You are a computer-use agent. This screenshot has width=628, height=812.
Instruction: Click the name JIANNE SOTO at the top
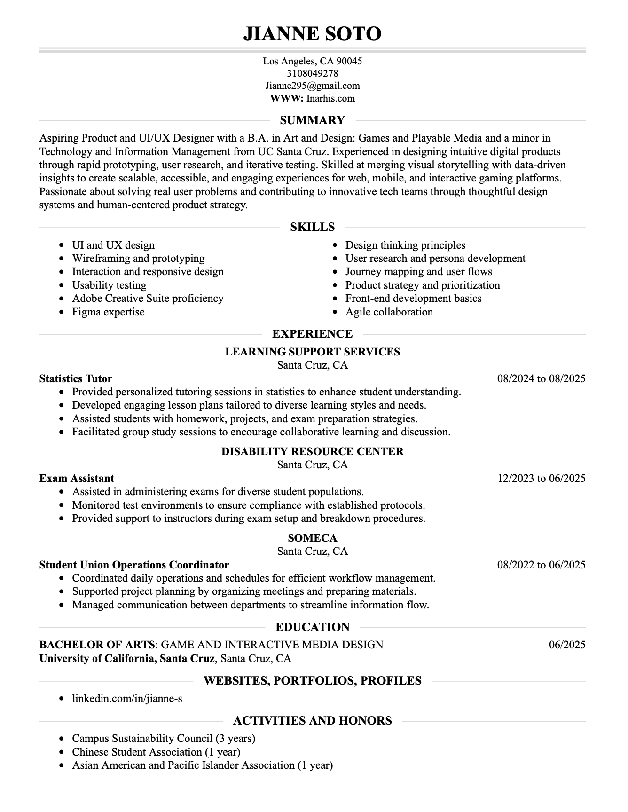313,34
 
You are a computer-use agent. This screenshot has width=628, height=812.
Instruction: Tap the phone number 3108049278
313,73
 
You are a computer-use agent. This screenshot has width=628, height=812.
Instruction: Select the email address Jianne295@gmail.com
313,86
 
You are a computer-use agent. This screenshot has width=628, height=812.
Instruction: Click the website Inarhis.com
330,98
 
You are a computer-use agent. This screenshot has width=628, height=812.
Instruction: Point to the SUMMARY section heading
313,120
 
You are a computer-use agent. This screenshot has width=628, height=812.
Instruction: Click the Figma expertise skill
108,312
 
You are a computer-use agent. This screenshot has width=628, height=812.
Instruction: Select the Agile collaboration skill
389,312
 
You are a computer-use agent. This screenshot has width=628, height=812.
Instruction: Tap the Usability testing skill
109,285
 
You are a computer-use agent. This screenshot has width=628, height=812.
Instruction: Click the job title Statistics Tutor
76,378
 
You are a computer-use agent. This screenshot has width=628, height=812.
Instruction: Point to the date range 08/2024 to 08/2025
542,378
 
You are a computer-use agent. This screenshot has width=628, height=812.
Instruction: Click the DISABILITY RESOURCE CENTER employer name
313,451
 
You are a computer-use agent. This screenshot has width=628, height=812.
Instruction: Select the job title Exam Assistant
77,478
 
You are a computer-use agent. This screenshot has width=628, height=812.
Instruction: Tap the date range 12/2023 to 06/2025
542,478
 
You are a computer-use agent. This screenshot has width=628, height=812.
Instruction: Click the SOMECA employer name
313,538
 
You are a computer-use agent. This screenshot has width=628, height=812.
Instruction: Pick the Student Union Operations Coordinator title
134,565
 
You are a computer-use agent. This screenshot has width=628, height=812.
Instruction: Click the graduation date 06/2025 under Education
567,645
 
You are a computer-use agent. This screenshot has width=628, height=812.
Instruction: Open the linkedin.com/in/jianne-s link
127,698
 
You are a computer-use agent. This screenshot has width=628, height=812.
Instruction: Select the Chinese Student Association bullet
156,752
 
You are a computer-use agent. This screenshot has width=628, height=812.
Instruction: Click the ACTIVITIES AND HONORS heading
313,720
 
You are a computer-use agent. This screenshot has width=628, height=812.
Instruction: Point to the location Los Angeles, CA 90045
313,61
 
